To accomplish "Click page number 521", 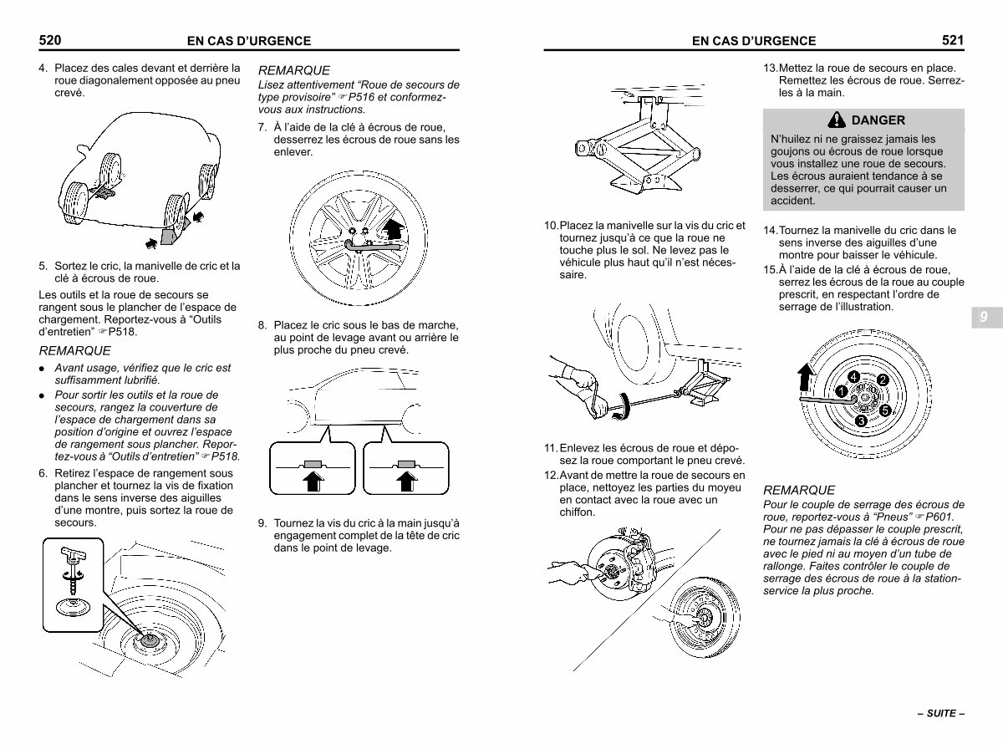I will (953, 39).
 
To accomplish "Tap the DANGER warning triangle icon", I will (835, 120).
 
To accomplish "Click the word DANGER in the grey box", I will (878, 120).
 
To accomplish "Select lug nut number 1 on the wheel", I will (843, 390).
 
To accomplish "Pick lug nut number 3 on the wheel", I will (860, 420).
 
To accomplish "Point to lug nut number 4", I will (853, 377).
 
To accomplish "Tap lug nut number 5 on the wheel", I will (885, 409).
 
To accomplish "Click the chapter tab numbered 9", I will (984, 318).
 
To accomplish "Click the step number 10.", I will (551, 226).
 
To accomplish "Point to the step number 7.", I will (262, 127).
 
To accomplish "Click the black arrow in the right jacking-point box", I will (406, 480).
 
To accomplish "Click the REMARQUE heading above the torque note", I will (798, 490).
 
